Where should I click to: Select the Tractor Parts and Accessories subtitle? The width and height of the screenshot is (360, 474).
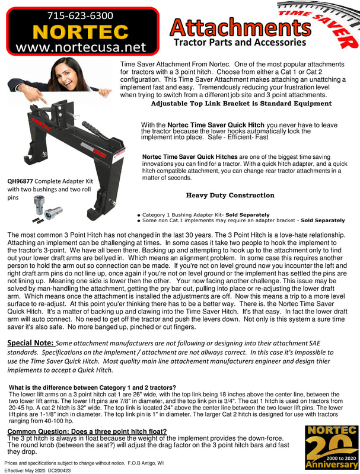pos(240,43)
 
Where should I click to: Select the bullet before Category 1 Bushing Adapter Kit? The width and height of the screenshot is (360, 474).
pos(138,215)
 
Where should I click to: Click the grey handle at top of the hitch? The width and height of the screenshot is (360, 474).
pos(93,127)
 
